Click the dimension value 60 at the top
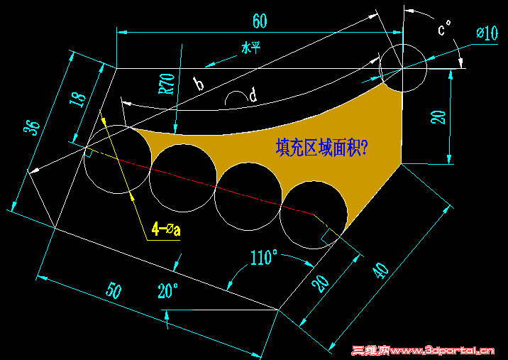260,21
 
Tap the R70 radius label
167,84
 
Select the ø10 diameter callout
487,33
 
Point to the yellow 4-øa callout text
166,230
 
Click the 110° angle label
264,258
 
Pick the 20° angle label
168,290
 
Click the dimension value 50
114,291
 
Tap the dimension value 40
381,271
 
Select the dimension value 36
32,128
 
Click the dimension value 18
79,99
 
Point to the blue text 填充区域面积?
321,148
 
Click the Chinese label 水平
250,49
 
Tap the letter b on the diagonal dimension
198,83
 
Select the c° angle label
444,28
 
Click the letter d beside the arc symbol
253,95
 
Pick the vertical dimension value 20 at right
438,117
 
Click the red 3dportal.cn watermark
423,350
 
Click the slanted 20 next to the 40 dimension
321,284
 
